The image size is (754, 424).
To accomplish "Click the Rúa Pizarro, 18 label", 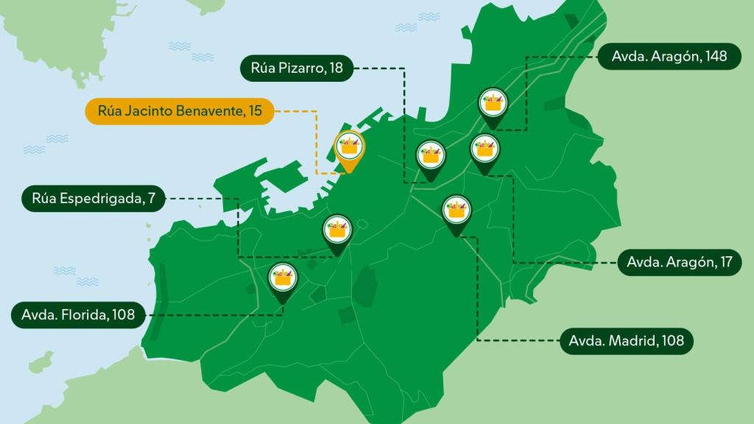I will [297, 69].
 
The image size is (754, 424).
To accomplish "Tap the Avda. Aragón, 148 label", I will [669, 57].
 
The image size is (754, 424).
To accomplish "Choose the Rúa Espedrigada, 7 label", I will [94, 199].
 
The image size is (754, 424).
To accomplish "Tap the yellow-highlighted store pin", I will [350, 148].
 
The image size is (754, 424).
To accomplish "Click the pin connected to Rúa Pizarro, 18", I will [431, 157].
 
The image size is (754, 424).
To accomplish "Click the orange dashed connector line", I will [316, 140].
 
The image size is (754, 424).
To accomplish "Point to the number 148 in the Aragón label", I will [716, 57].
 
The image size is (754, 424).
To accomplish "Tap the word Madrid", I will [638, 341].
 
